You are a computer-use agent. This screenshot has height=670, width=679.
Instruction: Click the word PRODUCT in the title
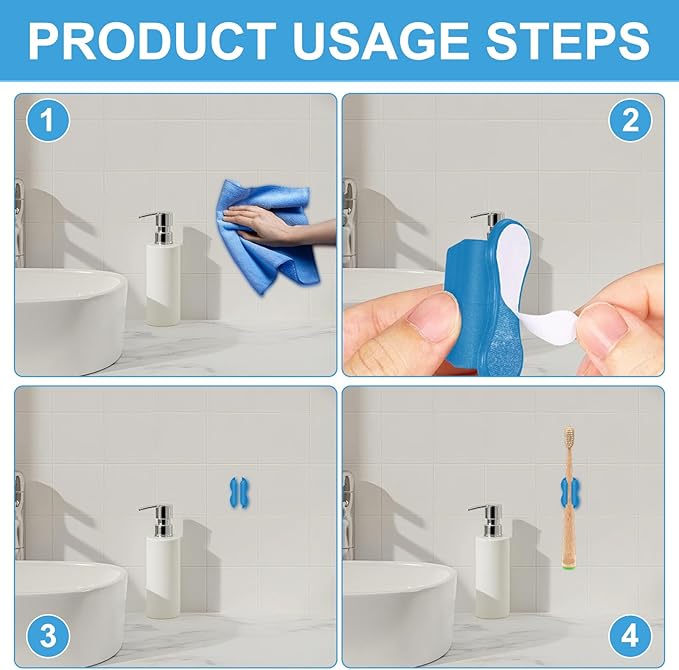click(153, 41)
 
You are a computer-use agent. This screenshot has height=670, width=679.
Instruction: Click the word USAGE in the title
click(381, 41)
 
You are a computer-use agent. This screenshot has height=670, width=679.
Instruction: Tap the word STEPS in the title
click(568, 41)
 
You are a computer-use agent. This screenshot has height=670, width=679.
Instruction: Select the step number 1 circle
click(48, 120)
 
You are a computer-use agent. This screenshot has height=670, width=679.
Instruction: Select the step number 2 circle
click(630, 120)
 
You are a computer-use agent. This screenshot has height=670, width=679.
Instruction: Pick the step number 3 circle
click(48, 635)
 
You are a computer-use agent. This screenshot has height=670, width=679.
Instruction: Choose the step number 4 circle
click(630, 635)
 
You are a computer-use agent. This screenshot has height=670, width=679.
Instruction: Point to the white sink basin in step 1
click(69, 320)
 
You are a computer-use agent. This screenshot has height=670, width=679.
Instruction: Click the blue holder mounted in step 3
click(239, 493)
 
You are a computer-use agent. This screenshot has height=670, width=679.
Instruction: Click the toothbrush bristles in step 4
click(569, 438)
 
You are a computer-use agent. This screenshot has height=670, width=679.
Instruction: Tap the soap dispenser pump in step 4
click(488, 521)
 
